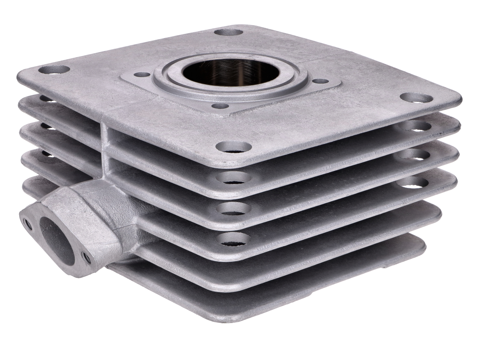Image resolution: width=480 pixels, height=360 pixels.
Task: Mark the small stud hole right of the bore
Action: pos(321,82)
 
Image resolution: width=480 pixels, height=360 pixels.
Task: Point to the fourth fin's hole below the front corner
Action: pos(233,239)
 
